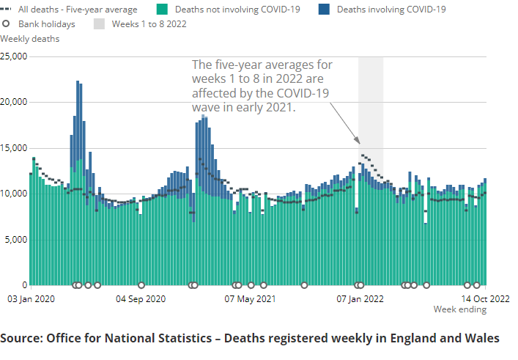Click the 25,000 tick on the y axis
(x=14, y=56)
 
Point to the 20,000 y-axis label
(x=14, y=102)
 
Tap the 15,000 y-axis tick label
(x=14, y=148)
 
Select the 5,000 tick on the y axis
(x=16, y=240)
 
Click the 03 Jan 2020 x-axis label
(x=31, y=299)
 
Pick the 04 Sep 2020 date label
(x=141, y=299)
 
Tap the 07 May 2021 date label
(x=250, y=299)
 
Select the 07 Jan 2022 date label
(x=360, y=299)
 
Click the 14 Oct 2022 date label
(x=485, y=299)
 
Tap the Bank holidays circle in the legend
(x=6, y=24)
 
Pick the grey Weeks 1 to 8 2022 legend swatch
(x=99, y=24)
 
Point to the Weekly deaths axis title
(x=30, y=39)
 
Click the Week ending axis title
(x=459, y=309)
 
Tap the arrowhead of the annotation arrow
(x=358, y=142)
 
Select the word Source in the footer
(x=21, y=338)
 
